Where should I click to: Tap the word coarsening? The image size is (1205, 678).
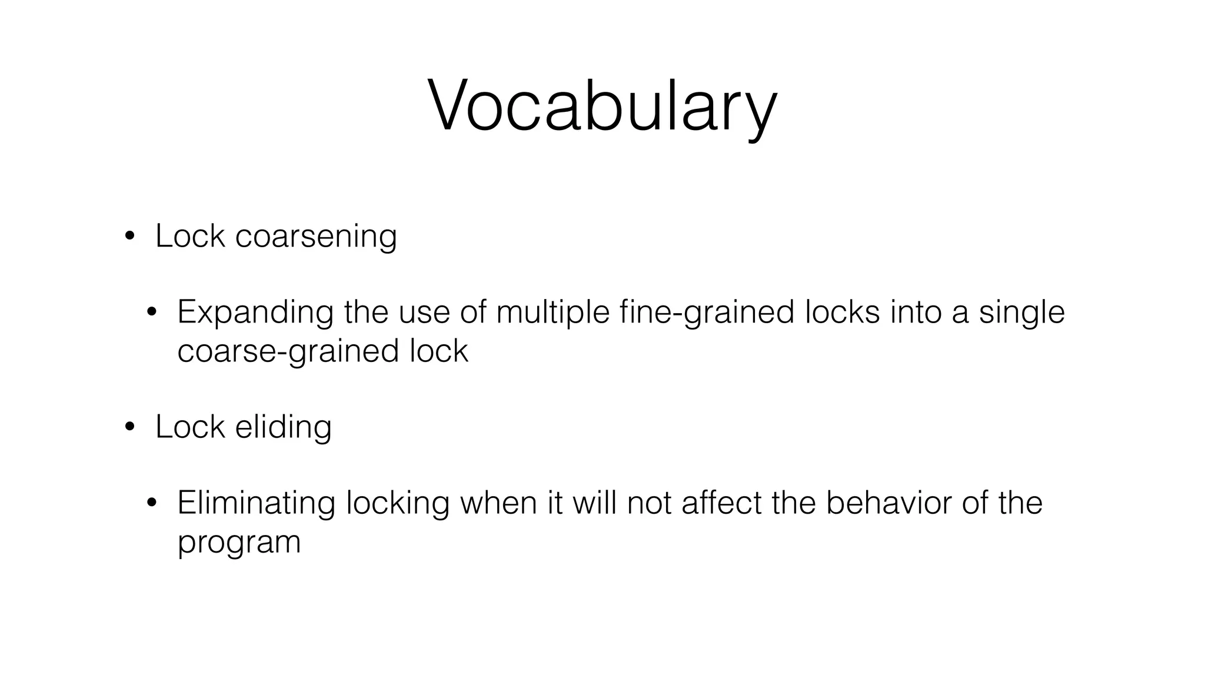tap(316, 237)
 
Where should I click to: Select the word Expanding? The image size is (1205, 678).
tap(255, 312)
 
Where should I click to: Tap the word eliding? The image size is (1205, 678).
tap(283, 427)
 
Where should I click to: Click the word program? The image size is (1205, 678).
tap(239, 543)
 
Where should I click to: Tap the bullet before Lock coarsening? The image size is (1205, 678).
tap(129, 237)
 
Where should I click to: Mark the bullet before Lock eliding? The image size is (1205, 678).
tap(129, 427)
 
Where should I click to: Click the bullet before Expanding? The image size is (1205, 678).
tap(152, 313)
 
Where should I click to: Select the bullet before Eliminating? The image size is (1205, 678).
tap(152, 503)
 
